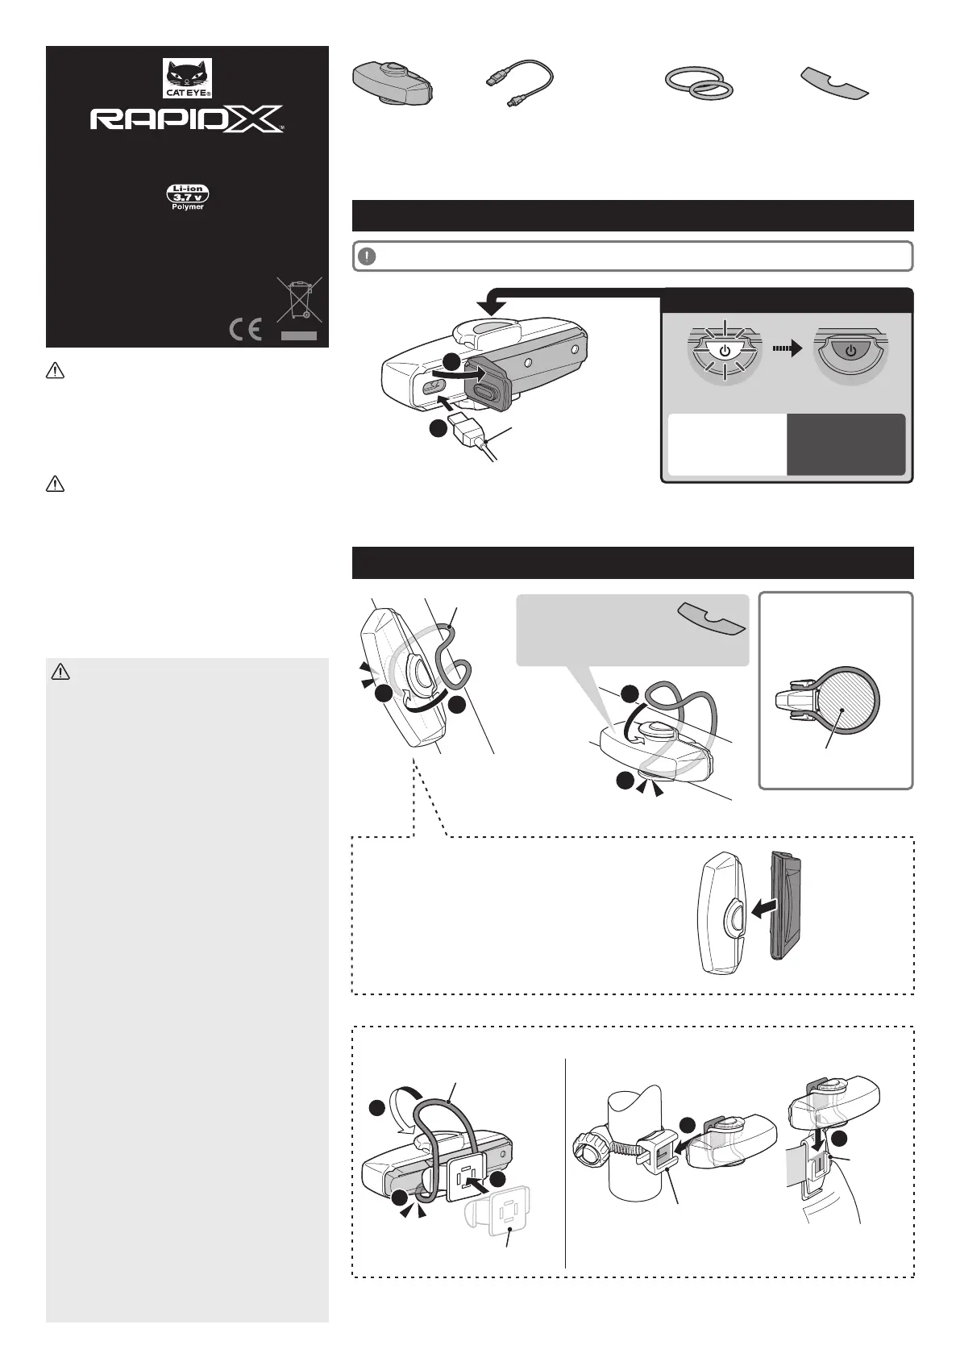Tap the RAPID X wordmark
[187, 119]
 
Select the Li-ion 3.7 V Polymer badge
[188, 197]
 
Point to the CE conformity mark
[246, 330]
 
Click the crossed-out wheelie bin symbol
[299, 299]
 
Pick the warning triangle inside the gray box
[60, 672]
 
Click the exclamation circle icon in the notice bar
[367, 256]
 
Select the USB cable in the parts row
[520, 83]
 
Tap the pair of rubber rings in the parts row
[699, 83]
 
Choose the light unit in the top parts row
[392, 83]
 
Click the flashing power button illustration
[725, 351]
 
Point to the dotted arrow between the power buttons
[788, 348]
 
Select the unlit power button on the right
[851, 352]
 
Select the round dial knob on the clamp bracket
[591, 1148]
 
